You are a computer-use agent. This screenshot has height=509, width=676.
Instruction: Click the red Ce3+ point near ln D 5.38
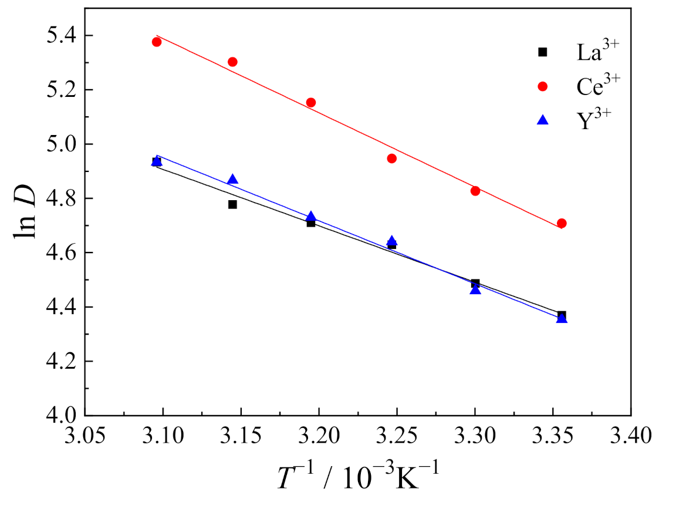point(157,42)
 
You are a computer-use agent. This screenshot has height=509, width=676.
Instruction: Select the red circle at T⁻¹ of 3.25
point(392,158)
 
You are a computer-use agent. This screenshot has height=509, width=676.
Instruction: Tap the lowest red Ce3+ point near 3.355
point(562,223)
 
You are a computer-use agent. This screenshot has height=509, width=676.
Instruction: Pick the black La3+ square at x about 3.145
point(232,204)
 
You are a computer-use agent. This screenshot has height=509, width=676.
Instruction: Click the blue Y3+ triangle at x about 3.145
point(232,180)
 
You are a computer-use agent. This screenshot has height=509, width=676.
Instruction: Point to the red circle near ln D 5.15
point(311,102)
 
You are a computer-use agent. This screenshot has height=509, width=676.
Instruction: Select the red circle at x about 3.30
point(475,191)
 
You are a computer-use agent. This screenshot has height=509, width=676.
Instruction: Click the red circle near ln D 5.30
point(232,62)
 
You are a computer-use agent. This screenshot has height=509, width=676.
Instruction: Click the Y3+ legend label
point(591,119)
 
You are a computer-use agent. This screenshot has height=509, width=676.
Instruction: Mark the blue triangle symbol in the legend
point(543,120)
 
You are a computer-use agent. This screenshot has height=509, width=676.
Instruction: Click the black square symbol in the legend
point(543,52)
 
